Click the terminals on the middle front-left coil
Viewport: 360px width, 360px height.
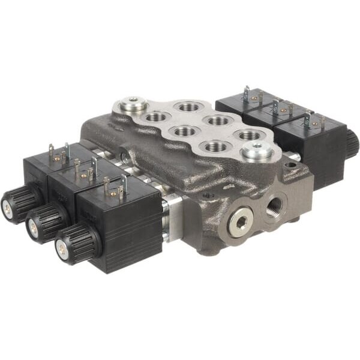tap(84, 171)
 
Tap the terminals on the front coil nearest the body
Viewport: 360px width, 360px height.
tap(115, 188)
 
